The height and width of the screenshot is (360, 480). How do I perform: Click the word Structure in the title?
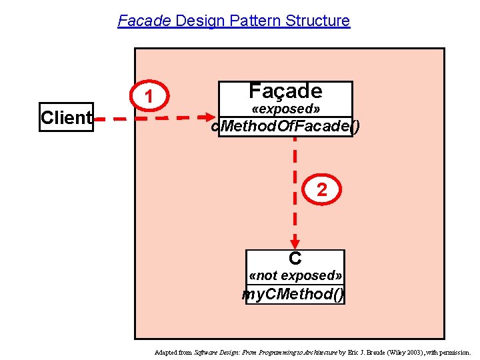click(x=317, y=21)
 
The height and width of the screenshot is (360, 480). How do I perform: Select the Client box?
click(x=66, y=117)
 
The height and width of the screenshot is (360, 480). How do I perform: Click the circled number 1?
click(x=151, y=97)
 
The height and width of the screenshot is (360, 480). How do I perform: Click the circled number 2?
click(x=322, y=190)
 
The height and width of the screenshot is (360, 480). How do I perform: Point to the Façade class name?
click(x=285, y=91)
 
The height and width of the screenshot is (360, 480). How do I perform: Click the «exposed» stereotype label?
click(x=285, y=109)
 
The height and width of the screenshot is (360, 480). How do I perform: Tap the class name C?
click(x=295, y=258)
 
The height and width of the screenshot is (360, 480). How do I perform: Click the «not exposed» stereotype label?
click(x=295, y=275)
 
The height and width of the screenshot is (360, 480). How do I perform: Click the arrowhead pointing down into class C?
click(x=295, y=244)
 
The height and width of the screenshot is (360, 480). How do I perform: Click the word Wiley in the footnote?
click(x=389, y=351)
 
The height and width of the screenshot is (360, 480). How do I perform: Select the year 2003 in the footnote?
click(x=408, y=351)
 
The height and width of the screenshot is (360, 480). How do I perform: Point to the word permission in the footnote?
click(x=455, y=351)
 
